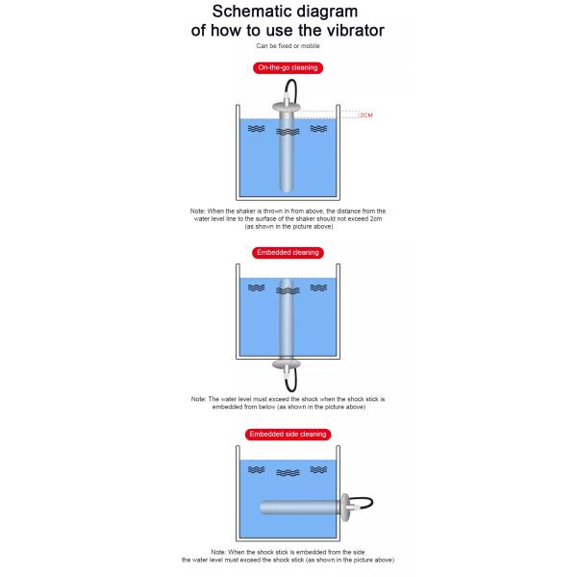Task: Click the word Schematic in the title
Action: [250, 12]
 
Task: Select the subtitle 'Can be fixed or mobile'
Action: [288, 46]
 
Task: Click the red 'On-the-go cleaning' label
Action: [288, 67]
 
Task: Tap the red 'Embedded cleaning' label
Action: [288, 252]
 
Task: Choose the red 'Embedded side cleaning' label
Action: [288, 435]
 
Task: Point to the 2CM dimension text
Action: [366, 115]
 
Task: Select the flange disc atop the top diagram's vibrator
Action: [287, 107]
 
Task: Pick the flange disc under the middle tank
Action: [287, 364]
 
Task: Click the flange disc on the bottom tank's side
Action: [345, 508]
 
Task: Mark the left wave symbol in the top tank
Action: [256, 129]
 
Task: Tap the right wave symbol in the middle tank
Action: [318, 288]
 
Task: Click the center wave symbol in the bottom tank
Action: [288, 473]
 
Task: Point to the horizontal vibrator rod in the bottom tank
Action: [300, 508]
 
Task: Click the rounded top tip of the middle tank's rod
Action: [287, 281]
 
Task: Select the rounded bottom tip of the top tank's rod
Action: [287, 189]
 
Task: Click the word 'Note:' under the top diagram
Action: [197, 212]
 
